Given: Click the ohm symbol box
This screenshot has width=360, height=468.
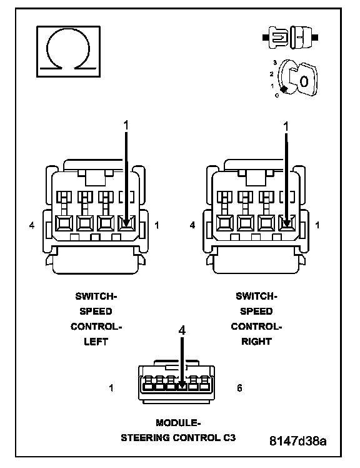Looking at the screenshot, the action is coord(68,52).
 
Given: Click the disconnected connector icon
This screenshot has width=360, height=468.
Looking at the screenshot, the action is coord(290,38).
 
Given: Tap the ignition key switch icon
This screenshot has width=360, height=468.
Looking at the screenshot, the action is coord(294,78).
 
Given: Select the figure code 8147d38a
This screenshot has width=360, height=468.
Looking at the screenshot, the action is coord(297,440).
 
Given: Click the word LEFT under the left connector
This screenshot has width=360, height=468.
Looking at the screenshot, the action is coord(96,342).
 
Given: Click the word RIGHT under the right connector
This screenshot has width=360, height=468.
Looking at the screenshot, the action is coord(256,342).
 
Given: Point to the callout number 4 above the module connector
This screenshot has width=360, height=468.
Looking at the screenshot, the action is coord(182,330).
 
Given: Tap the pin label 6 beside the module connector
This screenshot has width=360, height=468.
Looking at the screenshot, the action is coord(239,388).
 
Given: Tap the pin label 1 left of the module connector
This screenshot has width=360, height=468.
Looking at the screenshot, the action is coord(111,388).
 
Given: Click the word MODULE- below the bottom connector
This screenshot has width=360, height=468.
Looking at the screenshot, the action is coord(178,422).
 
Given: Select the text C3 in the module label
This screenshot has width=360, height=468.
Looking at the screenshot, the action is coord(229,437).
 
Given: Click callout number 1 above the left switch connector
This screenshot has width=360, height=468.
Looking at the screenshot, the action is coord(126,125).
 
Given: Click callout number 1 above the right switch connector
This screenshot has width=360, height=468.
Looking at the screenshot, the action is coord(286,126).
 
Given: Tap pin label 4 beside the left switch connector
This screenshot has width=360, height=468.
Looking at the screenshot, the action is coord(32,225).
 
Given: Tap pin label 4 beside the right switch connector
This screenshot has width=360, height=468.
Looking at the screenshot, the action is coord(192,225).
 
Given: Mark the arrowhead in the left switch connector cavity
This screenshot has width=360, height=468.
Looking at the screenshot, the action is coord(126,223).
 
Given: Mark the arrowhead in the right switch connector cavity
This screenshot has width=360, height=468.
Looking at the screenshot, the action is coord(287,223).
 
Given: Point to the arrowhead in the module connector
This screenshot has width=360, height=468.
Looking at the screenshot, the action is coord(182,386).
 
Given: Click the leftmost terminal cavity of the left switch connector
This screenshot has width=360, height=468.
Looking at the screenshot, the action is coord(64,223).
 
